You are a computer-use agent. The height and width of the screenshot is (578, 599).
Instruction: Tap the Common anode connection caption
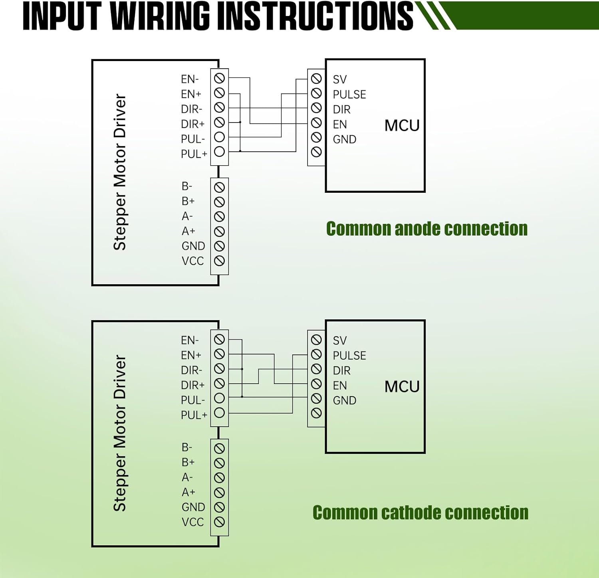coord(426,229)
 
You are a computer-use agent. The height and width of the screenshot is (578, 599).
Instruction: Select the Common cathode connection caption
coord(420,513)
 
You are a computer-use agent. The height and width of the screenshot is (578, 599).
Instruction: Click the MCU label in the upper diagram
coord(402,126)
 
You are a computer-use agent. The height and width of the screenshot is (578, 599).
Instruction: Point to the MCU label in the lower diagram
coord(402,387)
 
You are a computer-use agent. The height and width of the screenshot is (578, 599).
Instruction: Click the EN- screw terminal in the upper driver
coord(219,78)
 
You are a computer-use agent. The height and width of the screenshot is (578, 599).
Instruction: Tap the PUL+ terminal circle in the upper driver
coord(219,152)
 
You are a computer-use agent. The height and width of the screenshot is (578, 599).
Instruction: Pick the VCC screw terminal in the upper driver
coord(219,261)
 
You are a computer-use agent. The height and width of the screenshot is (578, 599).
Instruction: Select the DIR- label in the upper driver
coord(192,109)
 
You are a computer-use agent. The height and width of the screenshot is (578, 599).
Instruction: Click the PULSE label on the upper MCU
coord(349,95)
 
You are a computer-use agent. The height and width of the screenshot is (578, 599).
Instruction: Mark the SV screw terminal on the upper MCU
coord(316,78)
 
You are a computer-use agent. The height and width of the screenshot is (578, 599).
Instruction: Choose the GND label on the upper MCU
coord(345,139)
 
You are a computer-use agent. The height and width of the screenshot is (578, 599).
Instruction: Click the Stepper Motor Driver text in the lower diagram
coord(120,433)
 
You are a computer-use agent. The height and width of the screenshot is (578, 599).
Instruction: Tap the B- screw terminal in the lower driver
coord(219,448)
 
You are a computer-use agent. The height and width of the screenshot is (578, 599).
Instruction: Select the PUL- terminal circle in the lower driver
coord(219,398)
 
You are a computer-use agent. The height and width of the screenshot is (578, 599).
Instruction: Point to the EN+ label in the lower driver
coord(191,355)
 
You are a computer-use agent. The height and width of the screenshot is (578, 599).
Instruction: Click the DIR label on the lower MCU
coord(342,371)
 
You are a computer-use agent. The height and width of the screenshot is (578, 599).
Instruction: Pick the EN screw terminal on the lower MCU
coord(316,384)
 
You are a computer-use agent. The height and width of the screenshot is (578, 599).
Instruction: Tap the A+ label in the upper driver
coord(188,231)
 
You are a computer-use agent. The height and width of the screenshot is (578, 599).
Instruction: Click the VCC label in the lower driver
coord(193,522)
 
